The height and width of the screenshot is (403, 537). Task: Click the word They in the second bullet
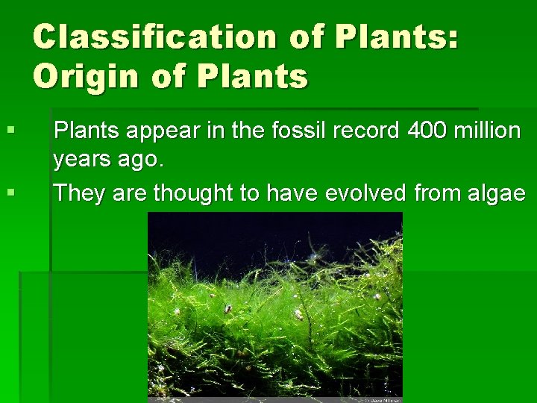(79, 193)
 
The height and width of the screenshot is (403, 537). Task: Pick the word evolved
(362, 193)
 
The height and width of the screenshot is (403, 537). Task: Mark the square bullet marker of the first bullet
(10, 131)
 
